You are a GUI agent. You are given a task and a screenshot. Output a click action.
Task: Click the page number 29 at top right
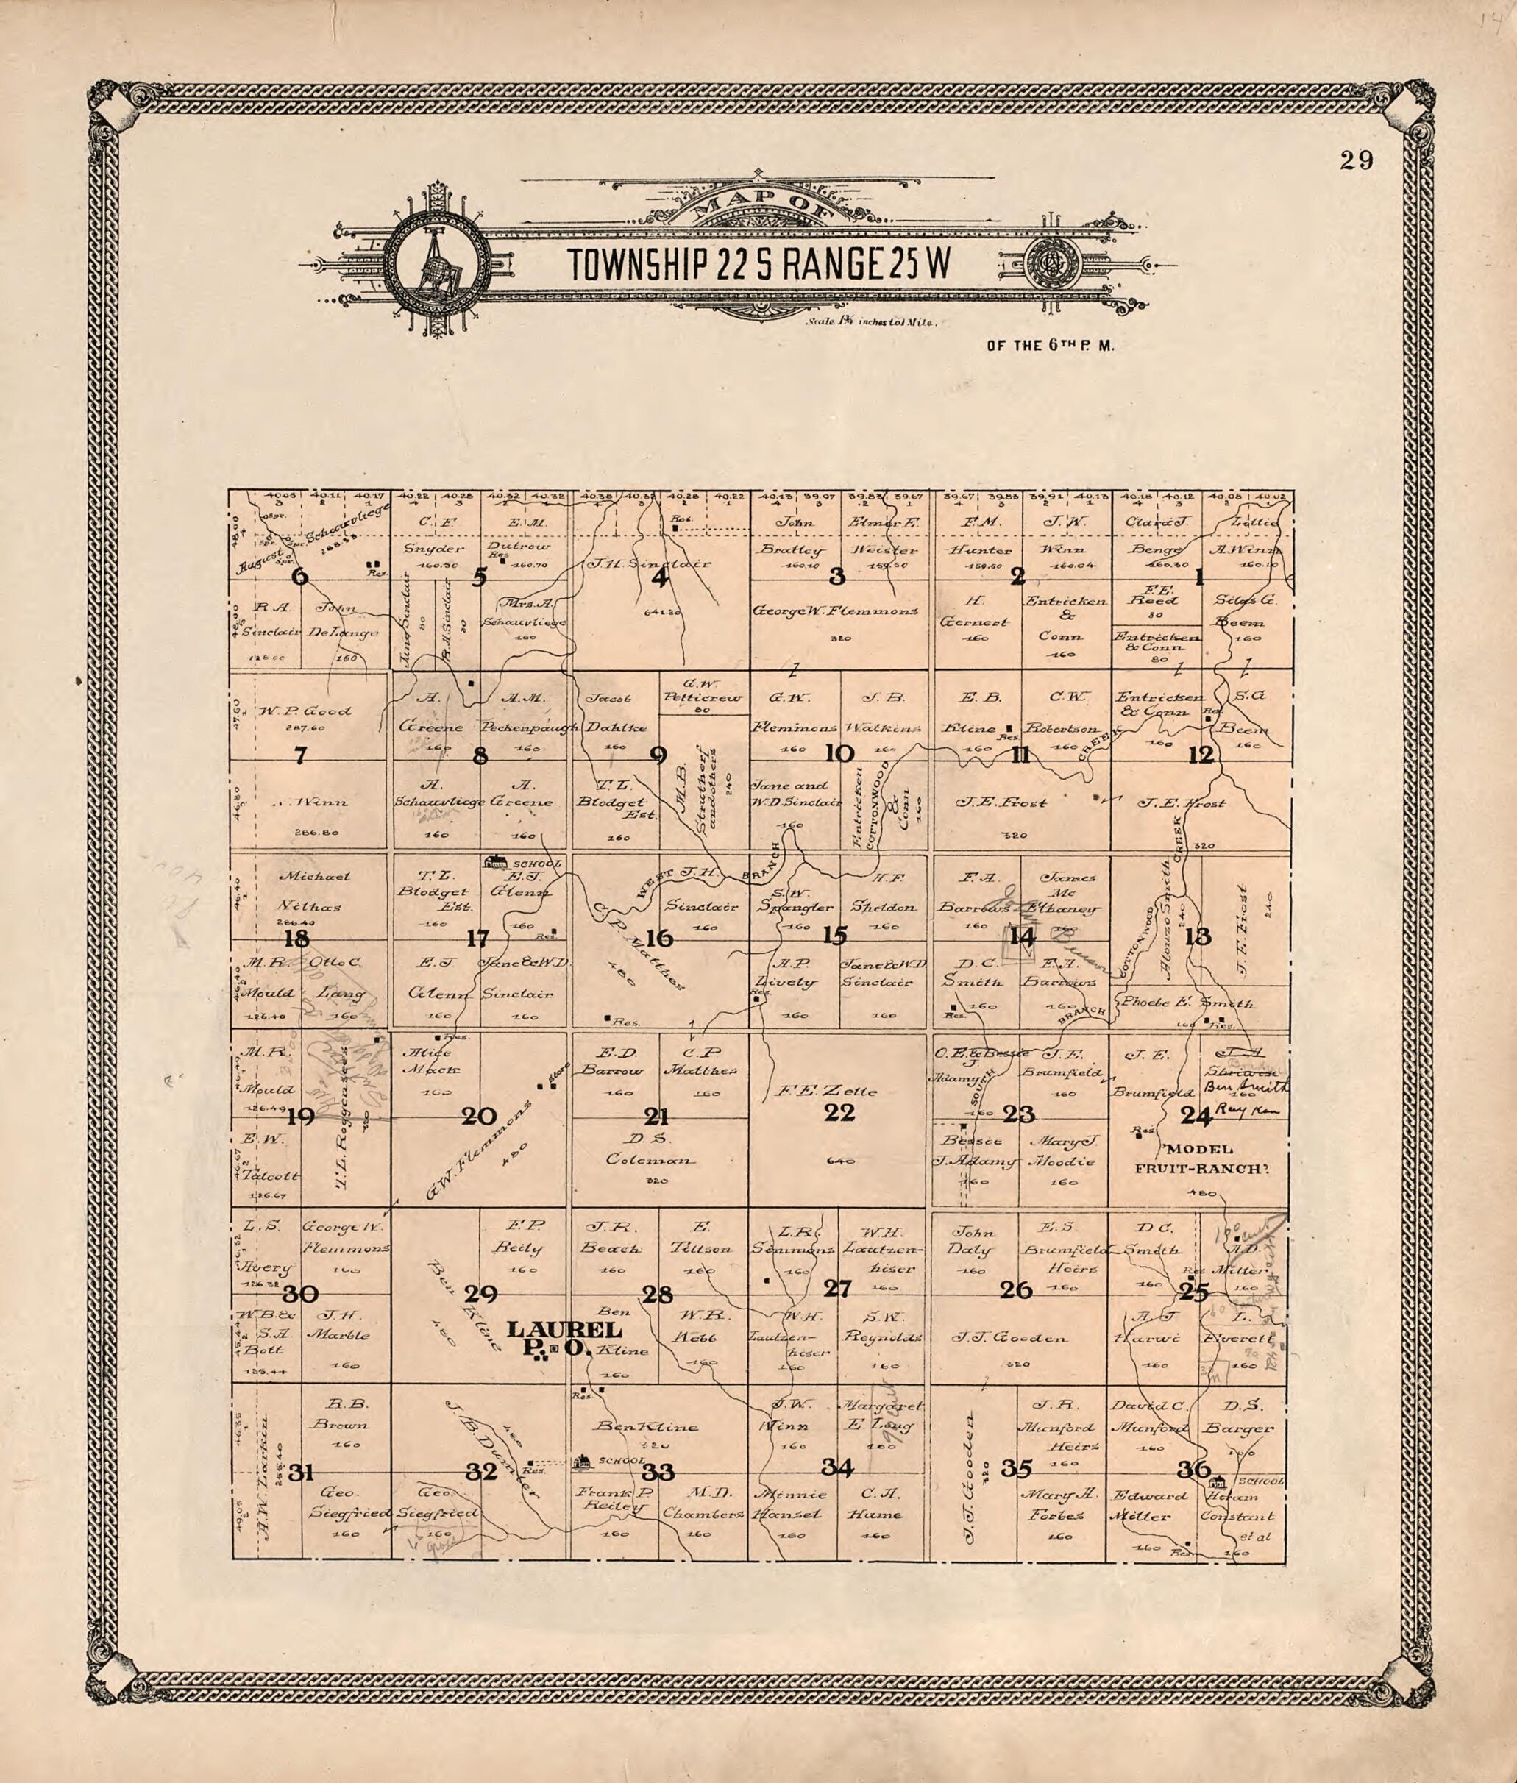tap(1356, 162)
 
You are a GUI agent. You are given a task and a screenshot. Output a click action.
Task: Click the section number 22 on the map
tap(839, 1112)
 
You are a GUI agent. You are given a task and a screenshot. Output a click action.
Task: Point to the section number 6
tap(299, 577)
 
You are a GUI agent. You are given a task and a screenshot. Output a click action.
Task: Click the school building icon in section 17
tap(495, 861)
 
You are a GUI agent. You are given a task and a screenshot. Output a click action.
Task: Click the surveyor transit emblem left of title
tap(438, 265)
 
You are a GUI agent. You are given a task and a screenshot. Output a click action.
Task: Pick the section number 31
tap(299, 1472)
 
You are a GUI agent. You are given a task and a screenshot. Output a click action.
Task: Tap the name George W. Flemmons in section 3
tap(836, 611)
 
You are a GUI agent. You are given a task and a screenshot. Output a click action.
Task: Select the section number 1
tap(1197, 577)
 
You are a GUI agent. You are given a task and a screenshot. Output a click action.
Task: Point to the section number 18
tap(296, 939)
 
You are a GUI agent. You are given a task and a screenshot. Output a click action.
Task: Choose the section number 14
tap(1022, 936)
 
